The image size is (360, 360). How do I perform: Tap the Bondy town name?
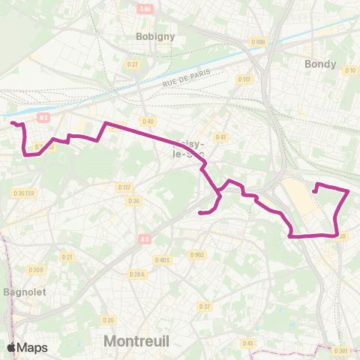pos(320,64)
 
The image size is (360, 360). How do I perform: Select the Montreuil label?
pos(136,340)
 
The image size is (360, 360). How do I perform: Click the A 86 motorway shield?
pos(145,10)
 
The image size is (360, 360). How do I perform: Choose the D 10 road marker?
pos(350,70)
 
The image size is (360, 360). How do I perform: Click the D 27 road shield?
pos(133,64)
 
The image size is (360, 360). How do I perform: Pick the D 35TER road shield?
pos(25,193)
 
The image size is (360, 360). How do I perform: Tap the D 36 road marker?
pos(133,200)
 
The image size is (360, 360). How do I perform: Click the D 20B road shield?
pos(35,269)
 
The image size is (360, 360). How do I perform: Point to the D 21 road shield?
pos(67,256)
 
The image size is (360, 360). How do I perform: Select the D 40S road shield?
pos(162,260)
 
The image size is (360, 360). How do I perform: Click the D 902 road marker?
pos(197,255)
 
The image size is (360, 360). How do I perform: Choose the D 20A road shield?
pos(136,274)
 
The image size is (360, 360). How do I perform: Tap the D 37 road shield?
pos(204,306)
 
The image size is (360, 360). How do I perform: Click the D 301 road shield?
pos(342,350)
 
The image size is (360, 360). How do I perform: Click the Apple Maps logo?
pos(27,347)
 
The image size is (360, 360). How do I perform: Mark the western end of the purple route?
pos(12,122)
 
